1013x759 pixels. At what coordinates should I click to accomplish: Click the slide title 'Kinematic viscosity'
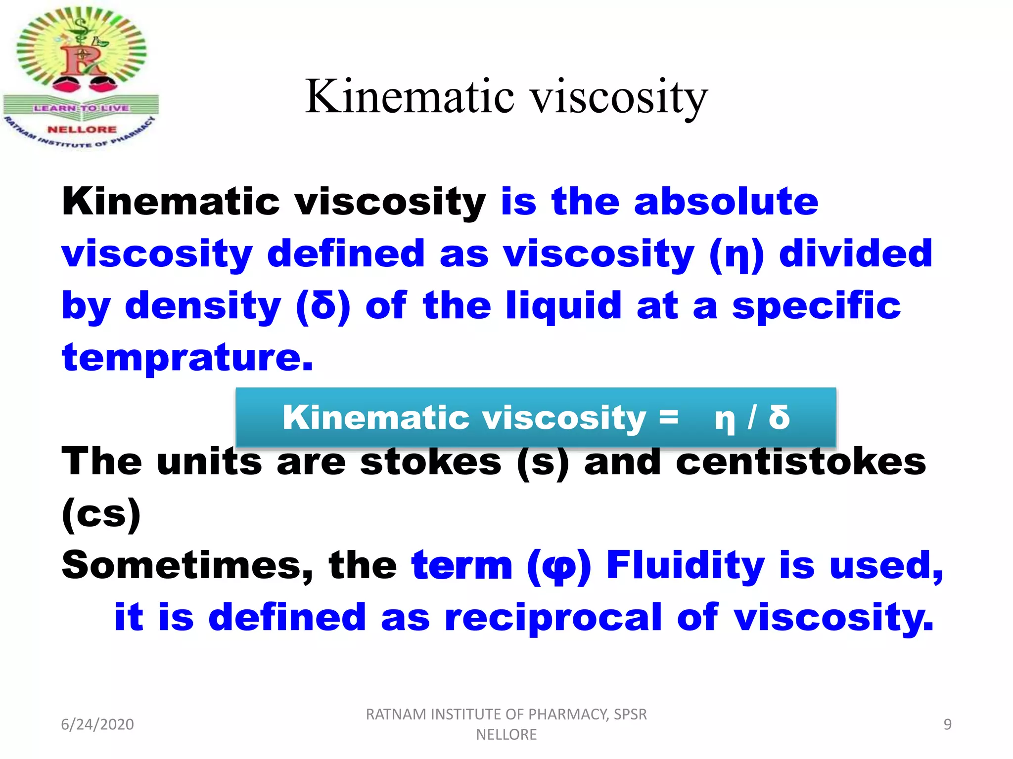click(506, 96)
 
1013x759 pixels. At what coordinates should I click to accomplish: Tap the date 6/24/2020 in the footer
click(97, 724)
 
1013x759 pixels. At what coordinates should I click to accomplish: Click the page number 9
click(947, 724)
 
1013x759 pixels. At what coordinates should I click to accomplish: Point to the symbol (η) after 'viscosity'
click(737, 254)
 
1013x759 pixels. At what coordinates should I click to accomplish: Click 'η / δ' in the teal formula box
click(752, 418)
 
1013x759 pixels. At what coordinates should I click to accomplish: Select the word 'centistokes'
click(800, 462)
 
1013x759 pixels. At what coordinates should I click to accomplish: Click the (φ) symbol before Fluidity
click(559, 566)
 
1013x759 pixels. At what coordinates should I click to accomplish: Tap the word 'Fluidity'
click(686, 565)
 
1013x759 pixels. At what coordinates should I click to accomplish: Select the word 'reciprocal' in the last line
click(553, 618)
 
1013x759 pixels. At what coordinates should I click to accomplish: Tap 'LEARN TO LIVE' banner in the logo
click(82, 108)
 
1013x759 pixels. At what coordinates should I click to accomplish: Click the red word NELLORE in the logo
click(82, 129)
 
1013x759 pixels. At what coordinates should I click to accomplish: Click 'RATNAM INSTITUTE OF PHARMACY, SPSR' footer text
click(506, 715)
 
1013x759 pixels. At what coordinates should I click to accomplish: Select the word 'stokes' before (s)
click(430, 462)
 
